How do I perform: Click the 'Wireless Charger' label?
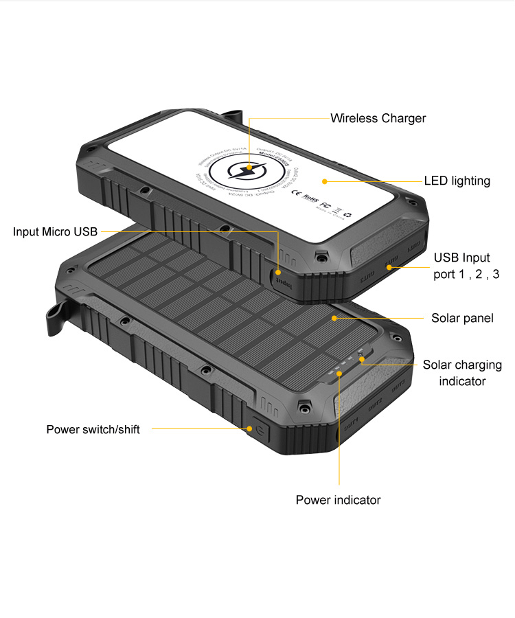coord(378,118)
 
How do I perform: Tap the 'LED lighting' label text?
coord(457,181)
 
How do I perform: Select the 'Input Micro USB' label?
coord(55,231)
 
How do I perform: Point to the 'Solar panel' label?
coord(462,318)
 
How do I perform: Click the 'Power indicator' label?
coord(338,500)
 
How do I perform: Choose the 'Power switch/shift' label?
coord(93,429)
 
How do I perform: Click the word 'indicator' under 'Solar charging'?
coord(462,381)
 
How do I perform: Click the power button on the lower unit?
coord(259,432)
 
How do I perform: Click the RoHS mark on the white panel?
coord(311,198)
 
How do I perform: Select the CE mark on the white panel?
coord(296,193)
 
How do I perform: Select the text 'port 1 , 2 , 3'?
coord(466,274)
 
